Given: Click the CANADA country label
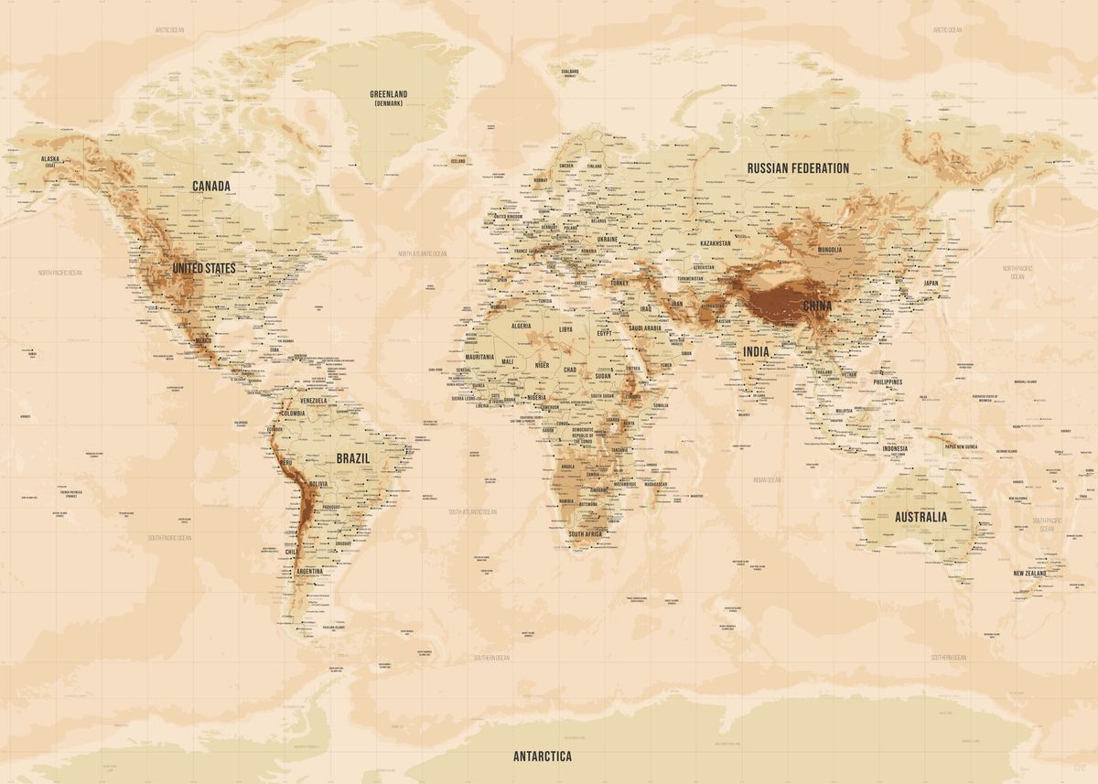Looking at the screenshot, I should tap(210, 186).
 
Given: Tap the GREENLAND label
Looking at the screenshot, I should tap(389, 94).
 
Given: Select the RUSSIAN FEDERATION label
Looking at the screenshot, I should tap(798, 167).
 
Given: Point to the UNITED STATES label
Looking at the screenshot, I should tap(204, 268).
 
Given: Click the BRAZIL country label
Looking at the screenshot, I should tap(352, 457).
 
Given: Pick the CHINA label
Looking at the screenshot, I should tap(817, 306).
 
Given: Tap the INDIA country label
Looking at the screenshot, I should tap(756, 351).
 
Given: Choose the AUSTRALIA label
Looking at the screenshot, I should tap(920, 517).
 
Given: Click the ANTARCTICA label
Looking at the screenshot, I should tap(542, 756).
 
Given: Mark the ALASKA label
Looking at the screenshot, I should tap(50, 159).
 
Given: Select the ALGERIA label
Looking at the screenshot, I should tap(520, 326).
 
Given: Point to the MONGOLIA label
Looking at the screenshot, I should tap(829, 250).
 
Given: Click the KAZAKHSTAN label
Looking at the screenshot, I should tap(716, 243).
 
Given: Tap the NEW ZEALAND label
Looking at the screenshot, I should tap(1030, 574).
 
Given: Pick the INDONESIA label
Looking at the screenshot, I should tap(895, 448).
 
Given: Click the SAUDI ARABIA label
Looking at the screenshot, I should tap(645, 328).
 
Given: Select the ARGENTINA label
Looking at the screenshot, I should tap(309, 571).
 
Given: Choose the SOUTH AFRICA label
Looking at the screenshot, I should tap(584, 534).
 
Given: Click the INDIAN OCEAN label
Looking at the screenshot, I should tap(767, 479).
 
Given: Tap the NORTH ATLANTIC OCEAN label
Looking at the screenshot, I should tap(422, 253).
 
